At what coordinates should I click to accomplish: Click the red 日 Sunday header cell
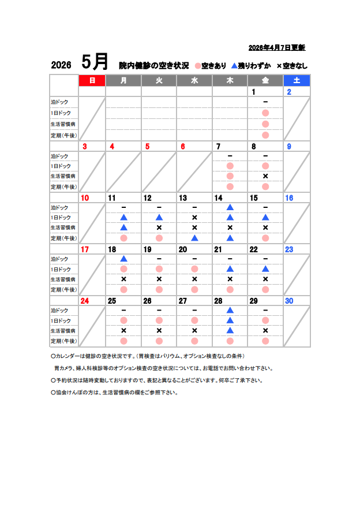click(92, 81)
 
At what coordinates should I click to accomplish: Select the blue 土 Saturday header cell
click(297, 81)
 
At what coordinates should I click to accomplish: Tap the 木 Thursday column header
click(230, 81)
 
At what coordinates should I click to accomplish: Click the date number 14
click(219, 198)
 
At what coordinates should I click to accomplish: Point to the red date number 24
click(85, 301)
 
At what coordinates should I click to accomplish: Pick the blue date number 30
click(289, 301)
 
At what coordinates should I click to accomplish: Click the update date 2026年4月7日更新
click(276, 47)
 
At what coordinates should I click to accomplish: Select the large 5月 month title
click(95, 61)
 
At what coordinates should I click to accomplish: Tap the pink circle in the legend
click(198, 66)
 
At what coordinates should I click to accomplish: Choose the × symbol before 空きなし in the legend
click(279, 66)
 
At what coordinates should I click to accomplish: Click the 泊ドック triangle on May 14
click(230, 207)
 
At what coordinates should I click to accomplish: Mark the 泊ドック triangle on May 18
click(123, 259)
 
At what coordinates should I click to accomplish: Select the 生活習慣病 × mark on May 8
click(265, 176)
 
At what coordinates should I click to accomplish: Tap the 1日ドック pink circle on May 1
click(265, 113)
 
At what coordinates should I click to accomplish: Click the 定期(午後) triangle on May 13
click(194, 238)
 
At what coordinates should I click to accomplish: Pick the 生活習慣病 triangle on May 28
click(230, 331)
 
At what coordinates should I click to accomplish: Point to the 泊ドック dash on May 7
click(230, 156)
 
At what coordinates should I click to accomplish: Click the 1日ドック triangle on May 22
click(265, 269)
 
